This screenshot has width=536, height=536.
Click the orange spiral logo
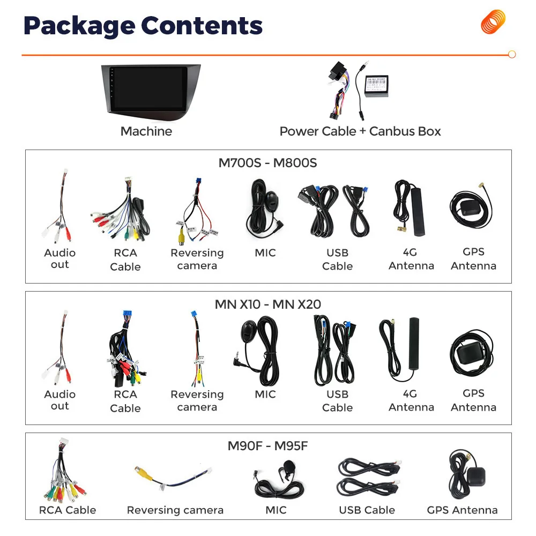pos(493,22)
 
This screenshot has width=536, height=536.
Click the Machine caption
pos(146,131)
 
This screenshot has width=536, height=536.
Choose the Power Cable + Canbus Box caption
pos(360,131)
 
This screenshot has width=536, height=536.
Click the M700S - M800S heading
pos(267,163)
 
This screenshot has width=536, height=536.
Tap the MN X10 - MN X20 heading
pos(267,304)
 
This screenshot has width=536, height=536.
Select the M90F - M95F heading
pos(267,446)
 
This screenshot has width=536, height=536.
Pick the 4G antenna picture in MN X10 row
pos(406,347)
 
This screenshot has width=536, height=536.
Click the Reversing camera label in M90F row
pos(175,510)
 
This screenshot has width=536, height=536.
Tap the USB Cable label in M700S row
pos(337,259)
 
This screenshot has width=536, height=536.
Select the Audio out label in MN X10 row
pos(59,400)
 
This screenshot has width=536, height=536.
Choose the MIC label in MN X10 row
pos(265,394)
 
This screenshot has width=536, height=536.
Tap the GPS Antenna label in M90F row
pos(462,510)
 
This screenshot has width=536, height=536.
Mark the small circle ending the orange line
pos(511,55)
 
